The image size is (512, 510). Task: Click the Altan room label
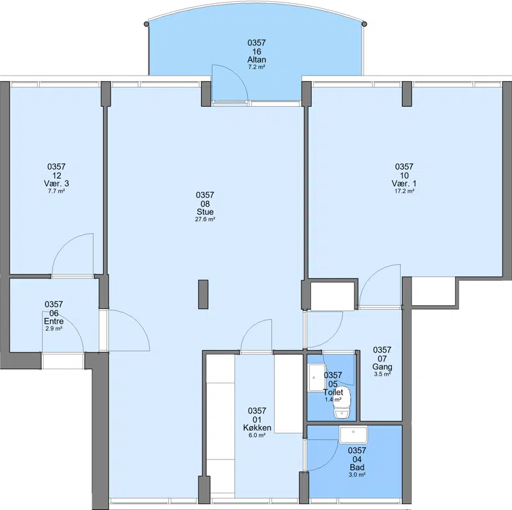coord(257,60)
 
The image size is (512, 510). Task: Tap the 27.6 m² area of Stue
coord(205,219)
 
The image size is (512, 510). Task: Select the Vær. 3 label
coord(56,184)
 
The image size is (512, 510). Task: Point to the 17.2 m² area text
coord(404,191)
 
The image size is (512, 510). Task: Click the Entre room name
coord(54,321)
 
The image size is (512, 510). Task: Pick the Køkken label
coord(257,427)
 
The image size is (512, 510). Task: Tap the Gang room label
coord(382,367)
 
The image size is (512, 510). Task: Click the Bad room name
coord(357,468)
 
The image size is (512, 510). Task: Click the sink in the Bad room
coord(353,434)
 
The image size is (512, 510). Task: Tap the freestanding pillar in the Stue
coord(203,294)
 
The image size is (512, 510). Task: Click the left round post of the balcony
coord(147,24)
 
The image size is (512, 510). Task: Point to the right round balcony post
coord(364,24)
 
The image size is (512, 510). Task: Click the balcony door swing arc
coord(237,74)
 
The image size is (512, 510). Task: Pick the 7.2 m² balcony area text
coord(257,67)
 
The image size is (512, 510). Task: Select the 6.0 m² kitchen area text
coord(257,435)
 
